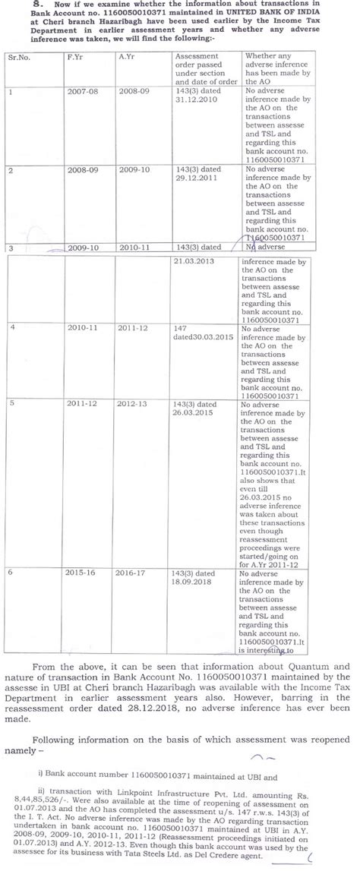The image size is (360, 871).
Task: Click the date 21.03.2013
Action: point(194,260)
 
